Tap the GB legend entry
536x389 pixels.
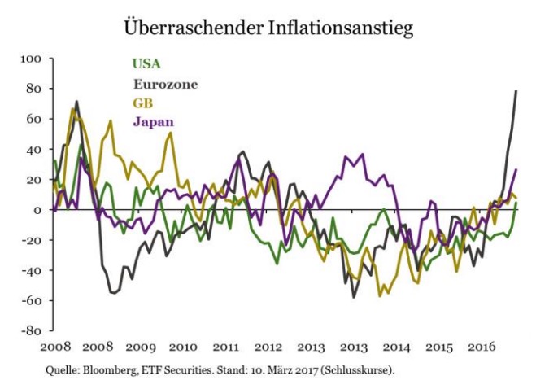point(142,103)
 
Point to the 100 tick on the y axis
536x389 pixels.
point(31,59)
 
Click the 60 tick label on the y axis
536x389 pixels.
point(34,119)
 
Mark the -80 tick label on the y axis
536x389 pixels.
point(32,331)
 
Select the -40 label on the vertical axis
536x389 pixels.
point(32,271)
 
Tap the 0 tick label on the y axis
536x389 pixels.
point(37,210)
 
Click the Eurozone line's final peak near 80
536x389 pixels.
point(516,90)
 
